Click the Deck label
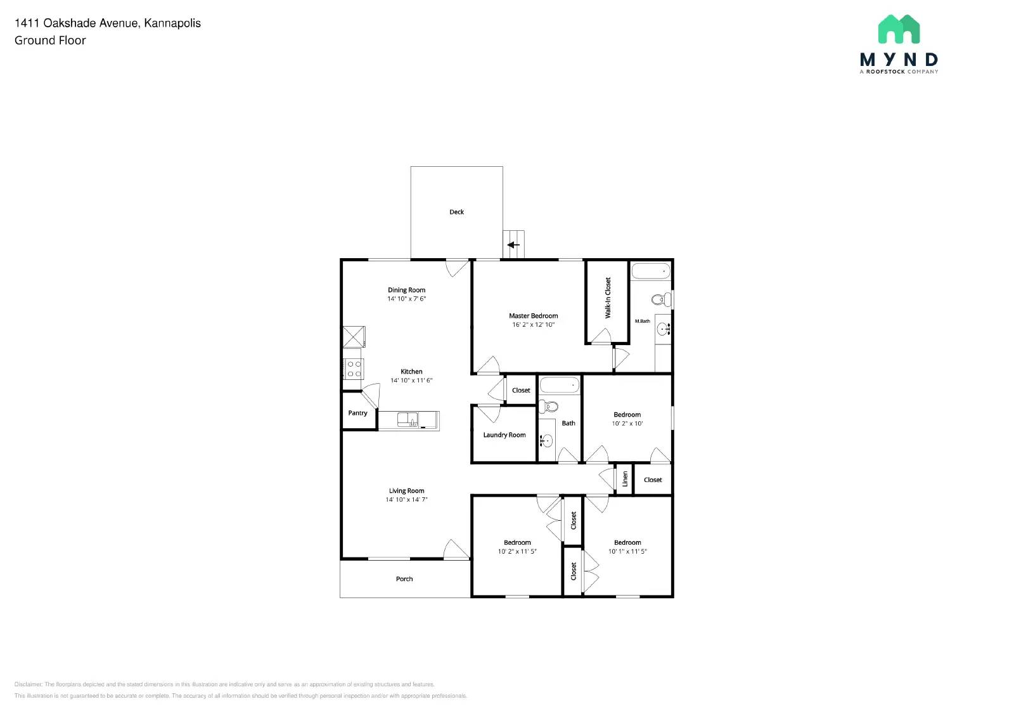(456, 212)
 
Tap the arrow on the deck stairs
(513, 245)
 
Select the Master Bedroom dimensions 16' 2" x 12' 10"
(533, 325)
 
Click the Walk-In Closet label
(608, 298)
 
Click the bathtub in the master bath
(650, 271)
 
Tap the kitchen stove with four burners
(354, 369)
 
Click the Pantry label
(357, 413)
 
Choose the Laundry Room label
(504, 435)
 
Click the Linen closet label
(625, 479)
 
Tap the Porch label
(404, 579)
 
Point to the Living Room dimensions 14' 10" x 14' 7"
(406, 500)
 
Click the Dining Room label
(406, 290)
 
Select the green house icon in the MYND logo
(899, 29)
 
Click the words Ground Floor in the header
(50, 41)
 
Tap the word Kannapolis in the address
(172, 23)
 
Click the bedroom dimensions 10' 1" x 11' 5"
(627, 552)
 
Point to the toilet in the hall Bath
(551, 407)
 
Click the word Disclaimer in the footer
(28, 684)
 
